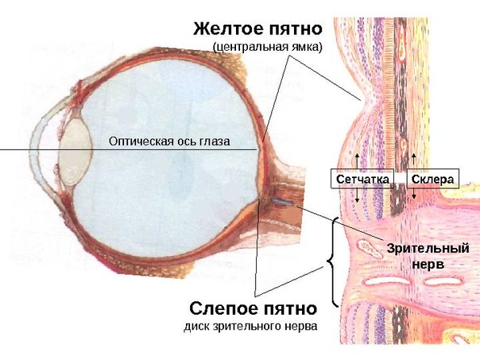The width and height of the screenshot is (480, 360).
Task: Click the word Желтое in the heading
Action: (224, 29)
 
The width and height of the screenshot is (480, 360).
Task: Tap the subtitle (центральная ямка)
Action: (268, 48)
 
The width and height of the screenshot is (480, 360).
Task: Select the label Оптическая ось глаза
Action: (169, 142)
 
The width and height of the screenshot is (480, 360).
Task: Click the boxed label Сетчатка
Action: (362, 180)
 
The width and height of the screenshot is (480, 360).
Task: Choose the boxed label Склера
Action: (432, 180)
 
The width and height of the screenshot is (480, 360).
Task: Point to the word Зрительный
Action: (428, 249)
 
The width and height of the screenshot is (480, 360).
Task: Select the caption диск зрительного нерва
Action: (252, 326)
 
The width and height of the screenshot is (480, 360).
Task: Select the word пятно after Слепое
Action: (288, 308)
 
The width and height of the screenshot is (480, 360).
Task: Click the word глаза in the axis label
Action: (215, 142)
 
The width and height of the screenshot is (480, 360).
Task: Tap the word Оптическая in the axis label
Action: (137, 142)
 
